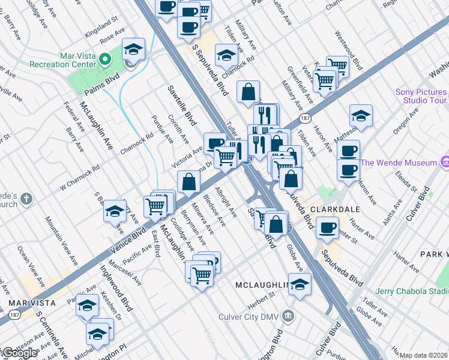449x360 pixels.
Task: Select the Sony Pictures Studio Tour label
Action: [421, 96]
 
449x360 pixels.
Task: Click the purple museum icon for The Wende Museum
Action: [445, 162]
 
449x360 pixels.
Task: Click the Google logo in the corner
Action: [19, 353]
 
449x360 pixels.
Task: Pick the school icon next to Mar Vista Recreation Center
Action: [134, 49]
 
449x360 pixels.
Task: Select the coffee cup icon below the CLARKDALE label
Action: [327, 227]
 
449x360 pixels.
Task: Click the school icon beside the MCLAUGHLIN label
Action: [300, 284]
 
